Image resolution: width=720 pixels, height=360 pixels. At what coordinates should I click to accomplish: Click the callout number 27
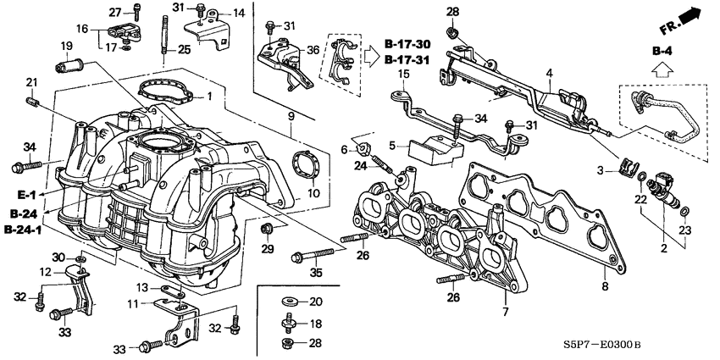coord(116,11)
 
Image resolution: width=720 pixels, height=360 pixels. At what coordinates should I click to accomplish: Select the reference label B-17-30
coord(407,43)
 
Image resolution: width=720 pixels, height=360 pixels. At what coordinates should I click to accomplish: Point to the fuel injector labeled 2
coord(665,208)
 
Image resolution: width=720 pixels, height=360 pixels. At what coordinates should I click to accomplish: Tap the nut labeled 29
coord(268,229)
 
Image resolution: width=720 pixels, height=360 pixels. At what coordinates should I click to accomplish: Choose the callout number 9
coord(290,115)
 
